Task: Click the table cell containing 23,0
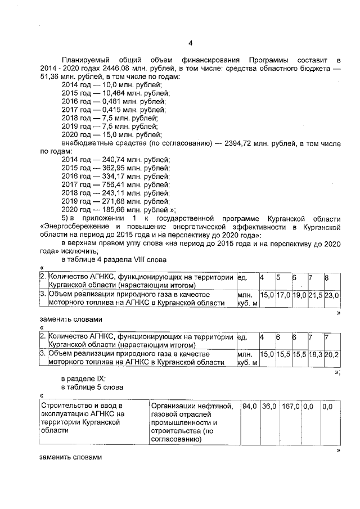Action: (331, 295)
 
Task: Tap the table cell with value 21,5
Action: (315, 295)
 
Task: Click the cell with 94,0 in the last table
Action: (249, 406)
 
